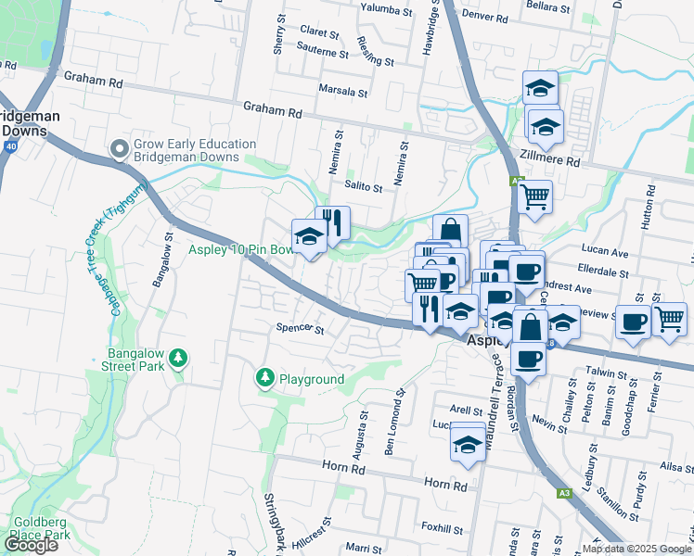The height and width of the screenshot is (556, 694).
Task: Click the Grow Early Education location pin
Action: [119, 149]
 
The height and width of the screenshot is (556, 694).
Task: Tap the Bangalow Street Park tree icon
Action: [180, 357]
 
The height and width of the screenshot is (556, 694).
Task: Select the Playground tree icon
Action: [265, 378]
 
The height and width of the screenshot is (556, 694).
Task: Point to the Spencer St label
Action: [300, 329]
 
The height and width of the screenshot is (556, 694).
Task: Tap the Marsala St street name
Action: [342, 93]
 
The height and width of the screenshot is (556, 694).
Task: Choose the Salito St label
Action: [364, 187]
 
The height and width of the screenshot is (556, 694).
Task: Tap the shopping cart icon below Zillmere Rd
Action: [534, 196]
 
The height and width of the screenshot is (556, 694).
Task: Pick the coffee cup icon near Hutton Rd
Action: [634, 322]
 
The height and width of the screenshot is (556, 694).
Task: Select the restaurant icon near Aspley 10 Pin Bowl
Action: [333, 221]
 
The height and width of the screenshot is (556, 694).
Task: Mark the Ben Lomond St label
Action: [395, 423]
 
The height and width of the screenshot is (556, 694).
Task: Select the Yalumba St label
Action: [388, 10]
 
